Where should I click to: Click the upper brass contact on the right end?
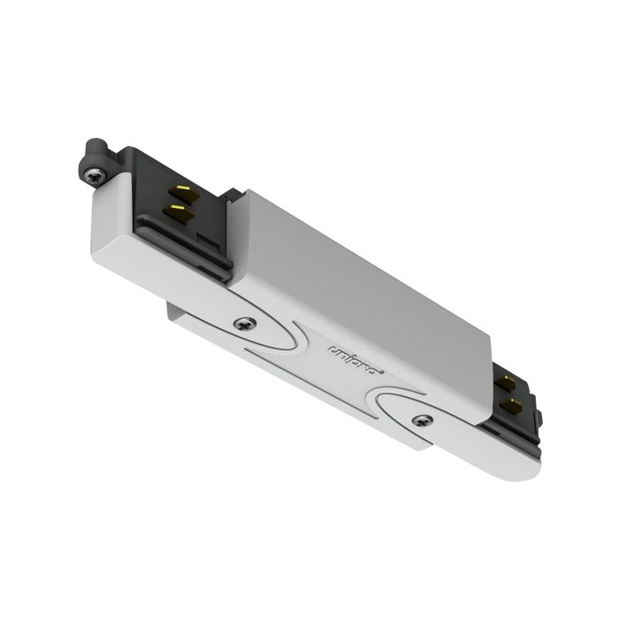coord(507,383)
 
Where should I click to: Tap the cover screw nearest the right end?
coord(423,420)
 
